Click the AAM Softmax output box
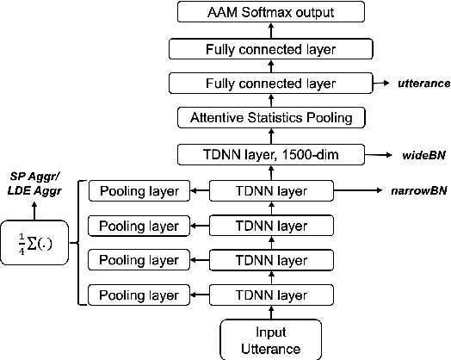(x=271, y=13)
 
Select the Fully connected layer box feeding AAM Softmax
(x=271, y=49)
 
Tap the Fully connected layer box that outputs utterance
(x=271, y=83)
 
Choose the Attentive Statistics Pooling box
(x=271, y=117)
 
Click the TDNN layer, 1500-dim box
(x=271, y=155)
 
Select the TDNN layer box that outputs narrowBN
(x=271, y=190)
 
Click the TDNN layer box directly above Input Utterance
(x=271, y=295)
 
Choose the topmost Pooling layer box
(x=139, y=190)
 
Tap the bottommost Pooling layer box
(x=139, y=295)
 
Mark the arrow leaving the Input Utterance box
(x=271, y=312)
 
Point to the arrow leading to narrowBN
(x=357, y=190)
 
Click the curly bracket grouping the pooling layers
(x=79, y=243)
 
